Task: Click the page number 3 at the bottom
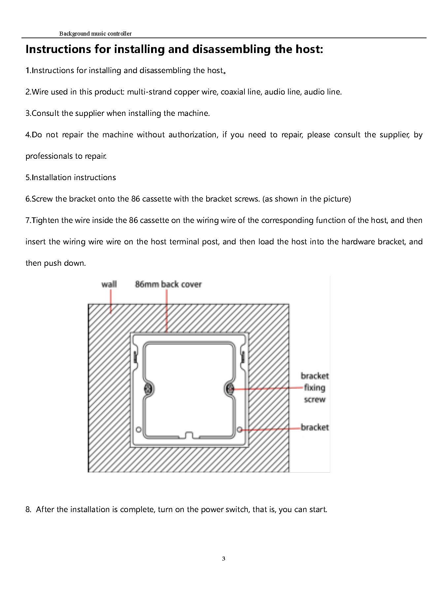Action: pyautogui.click(x=224, y=559)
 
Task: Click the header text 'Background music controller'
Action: pyautogui.click(x=95, y=34)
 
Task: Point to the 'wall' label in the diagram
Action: pyautogui.click(x=109, y=284)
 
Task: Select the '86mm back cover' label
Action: pyautogui.click(x=168, y=284)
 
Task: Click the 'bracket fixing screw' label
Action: pyautogui.click(x=315, y=388)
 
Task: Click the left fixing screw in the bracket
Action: pyautogui.click(x=148, y=389)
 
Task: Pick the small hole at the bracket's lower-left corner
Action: pyautogui.click(x=139, y=429)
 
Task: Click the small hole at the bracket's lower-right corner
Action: pyautogui.click(x=240, y=429)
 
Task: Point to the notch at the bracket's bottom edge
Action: pyautogui.click(x=189, y=435)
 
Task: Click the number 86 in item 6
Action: pyautogui.click(x=136, y=199)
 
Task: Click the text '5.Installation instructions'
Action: pyautogui.click(x=71, y=178)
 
